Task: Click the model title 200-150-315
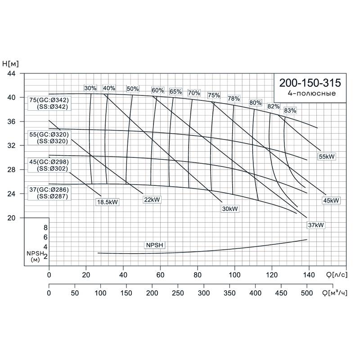pyautogui.click(x=310, y=83)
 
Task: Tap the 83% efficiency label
pyautogui.click(x=290, y=110)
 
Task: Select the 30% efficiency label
pyautogui.click(x=90, y=88)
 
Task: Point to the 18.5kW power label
pyautogui.click(x=107, y=202)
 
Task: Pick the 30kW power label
pyautogui.click(x=229, y=209)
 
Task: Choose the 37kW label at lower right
pyautogui.click(x=316, y=225)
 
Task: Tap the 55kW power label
pyautogui.click(x=328, y=156)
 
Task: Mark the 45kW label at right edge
pyautogui.click(x=331, y=200)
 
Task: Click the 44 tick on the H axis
pyautogui.click(x=12, y=73)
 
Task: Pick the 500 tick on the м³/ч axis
pyautogui.click(x=307, y=293)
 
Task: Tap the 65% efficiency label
pyautogui.click(x=175, y=92)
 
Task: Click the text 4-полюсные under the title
pyautogui.click(x=311, y=94)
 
